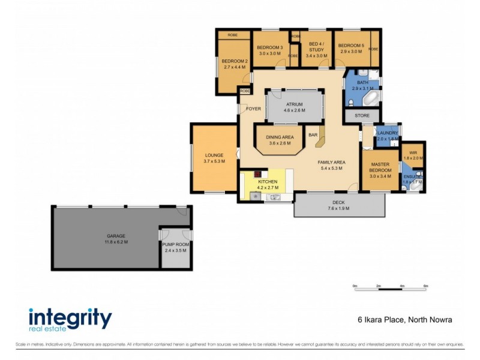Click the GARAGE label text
(116, 236)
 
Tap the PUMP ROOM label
(175, 245)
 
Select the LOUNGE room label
(214, 155)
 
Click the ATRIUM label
(294, 104)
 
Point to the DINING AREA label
(280, 137)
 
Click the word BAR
(313, 135)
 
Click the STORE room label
(362, 115)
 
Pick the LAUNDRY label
(388, 133)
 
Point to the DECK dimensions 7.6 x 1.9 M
(339, 208)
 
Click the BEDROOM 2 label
(235, 61)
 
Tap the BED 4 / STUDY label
(316, 47)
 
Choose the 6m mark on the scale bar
(425, 286)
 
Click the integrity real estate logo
(70, 319)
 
